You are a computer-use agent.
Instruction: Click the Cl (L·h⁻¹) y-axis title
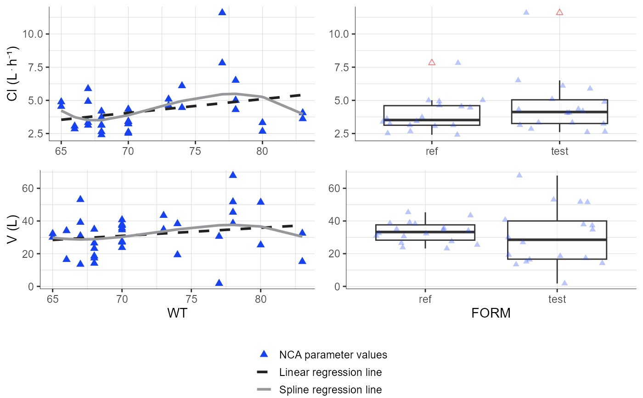(x=12, y=74)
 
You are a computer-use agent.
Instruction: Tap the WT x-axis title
(x=177, y=313)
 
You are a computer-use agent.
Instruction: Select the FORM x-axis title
(x=491, y=313)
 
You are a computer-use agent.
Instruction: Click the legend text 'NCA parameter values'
(x=333, y=355)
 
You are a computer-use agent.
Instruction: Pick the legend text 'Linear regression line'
(x=330, y=372)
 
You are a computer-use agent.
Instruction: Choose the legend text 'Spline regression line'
(x=330, y=390)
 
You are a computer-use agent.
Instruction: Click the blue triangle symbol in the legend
(x=264, y=354)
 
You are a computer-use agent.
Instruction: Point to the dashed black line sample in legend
(x=264, y=372)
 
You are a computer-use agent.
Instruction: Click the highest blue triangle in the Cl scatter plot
(x=222, y=12)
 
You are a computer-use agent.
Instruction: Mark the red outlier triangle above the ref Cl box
(x=432, y=62)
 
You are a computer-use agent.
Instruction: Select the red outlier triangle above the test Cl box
(x=559, y=12)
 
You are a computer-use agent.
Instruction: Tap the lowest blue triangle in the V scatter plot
(x=219, y=283)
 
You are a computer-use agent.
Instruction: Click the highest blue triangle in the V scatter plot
(x=233, y=175)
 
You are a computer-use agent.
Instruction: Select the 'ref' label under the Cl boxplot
(x=432, y=152)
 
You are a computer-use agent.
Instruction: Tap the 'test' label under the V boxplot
(x=557, y=300)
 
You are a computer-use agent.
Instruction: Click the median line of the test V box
(x=557, y=239)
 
